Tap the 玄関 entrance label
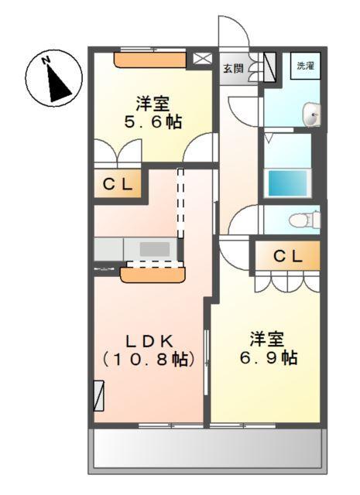click(x=233, y=69)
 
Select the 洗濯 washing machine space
click(x=306, y=67)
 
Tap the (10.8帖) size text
click(x=149, y=359)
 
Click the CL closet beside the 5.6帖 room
click(x=118, y=185)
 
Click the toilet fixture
click(x=304, y=220)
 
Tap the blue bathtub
click(x=287, y=183)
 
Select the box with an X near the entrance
click(x=201, y=58)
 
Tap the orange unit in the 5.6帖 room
click(x=150, y=60)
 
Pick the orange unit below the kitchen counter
click(x=153, y=272)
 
